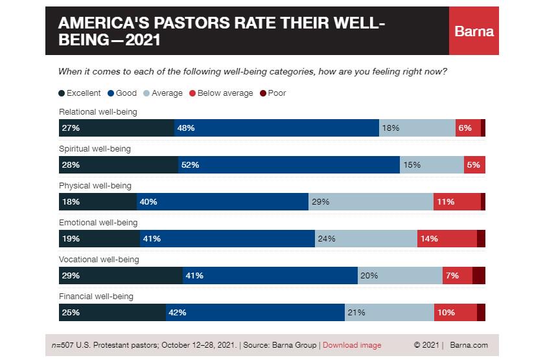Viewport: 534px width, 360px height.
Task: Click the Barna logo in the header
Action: (474, 31)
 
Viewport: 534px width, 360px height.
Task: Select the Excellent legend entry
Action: (79, 93)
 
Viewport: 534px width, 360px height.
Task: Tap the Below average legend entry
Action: (221, 93)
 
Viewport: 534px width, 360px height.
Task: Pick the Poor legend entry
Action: (273, 93)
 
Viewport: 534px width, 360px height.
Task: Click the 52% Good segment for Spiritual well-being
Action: (288, 165)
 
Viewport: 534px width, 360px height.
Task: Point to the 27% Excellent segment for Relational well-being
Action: (117, 128)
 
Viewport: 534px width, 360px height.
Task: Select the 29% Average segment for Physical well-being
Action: (371, 202)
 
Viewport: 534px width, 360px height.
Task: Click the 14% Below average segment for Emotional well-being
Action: (447, 239)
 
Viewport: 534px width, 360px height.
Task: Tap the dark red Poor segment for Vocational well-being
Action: (479, 276)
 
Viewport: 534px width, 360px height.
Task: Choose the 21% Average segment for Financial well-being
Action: (389, 313)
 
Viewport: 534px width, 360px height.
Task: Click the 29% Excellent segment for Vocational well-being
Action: (121, 276)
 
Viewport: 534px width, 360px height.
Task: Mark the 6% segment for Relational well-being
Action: (468, 128)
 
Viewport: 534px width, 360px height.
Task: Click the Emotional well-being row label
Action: (99, 223)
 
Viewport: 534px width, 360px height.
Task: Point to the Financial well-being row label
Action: (96, 297)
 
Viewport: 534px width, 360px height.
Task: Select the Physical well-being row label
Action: (95, 186)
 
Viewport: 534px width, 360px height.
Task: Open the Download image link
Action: (352, 345)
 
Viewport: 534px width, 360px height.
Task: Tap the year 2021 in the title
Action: (143, 40)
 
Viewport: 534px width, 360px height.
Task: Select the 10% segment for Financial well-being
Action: (455, 313)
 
